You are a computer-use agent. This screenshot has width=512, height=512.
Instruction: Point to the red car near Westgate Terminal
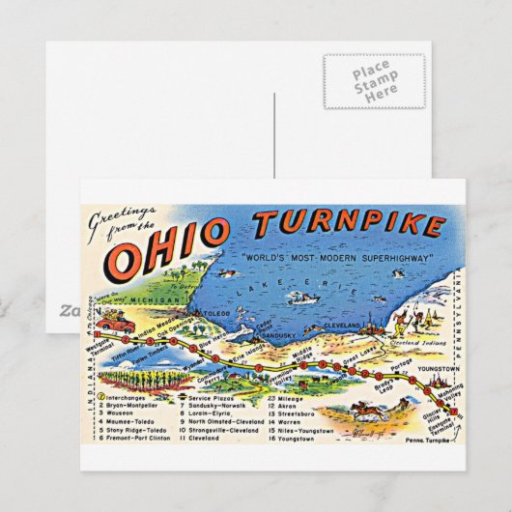117,324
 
